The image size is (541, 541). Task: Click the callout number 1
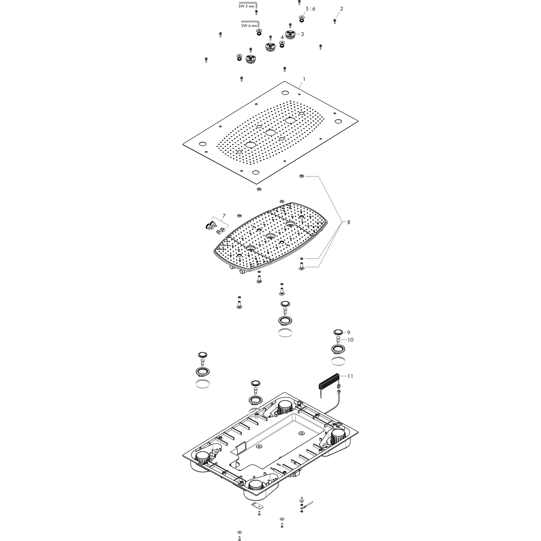click(x=304, y=79)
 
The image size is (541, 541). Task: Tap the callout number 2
click(x=341, y=9)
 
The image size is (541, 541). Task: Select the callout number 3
click(x=302, y=34)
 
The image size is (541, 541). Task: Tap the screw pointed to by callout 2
click(x=335, y=21)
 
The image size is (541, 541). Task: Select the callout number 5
click(x=307, y=9)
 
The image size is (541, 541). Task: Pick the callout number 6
click(x=314, y=9)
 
